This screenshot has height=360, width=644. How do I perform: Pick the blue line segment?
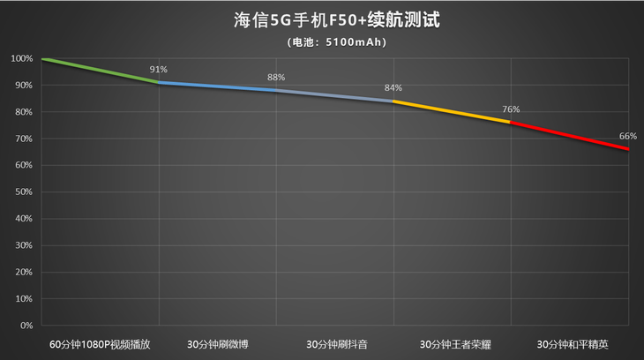217,86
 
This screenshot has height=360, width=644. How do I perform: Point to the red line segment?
569,135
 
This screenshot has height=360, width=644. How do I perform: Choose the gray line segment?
335,95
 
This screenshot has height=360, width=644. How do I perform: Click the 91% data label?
159,69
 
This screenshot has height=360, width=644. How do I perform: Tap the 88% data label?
276,77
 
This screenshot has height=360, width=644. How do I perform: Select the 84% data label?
393,87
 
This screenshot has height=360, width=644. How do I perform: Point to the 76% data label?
511,109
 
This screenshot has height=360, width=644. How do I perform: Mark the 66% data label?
627,136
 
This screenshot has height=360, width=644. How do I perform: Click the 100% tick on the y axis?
21,59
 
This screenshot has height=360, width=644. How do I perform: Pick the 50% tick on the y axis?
23,192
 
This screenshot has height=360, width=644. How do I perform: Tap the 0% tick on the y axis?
26,326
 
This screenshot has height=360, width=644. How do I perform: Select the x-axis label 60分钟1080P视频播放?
100,343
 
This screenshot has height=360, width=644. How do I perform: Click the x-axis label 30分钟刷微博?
217,343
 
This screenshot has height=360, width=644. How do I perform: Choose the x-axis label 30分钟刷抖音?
335,343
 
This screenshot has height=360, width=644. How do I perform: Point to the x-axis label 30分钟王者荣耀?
453,343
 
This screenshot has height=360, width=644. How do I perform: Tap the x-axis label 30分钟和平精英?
570,343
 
